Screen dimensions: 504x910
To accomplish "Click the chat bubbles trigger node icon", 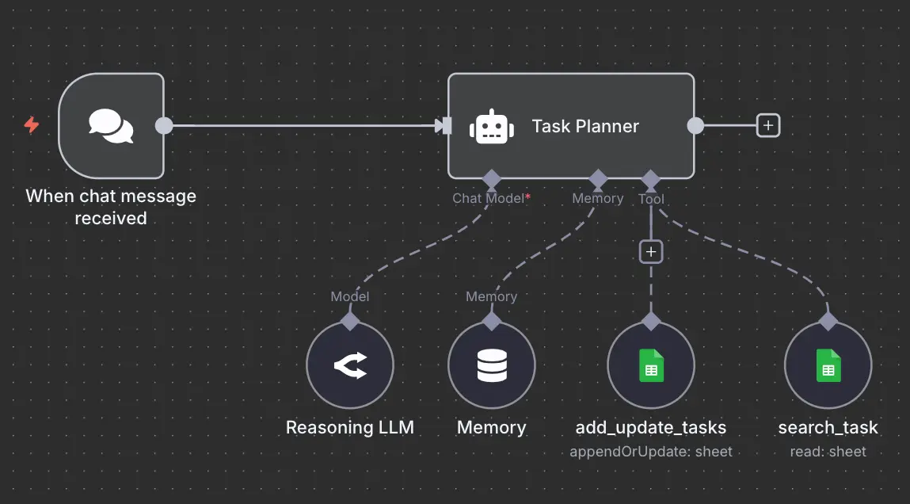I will [111, 126].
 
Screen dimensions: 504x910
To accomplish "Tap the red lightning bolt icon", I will [32, 125].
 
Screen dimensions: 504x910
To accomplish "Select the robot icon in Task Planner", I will [488, 127].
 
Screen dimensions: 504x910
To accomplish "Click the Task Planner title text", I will [585, 127].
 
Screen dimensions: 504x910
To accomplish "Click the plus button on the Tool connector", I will [650, 252].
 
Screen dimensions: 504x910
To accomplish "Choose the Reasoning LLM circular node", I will [349, 365].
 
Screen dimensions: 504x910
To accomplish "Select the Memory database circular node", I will [491, 365].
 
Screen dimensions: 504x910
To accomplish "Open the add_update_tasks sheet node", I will [650, 365].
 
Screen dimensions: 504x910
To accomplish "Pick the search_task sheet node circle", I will [828, 365].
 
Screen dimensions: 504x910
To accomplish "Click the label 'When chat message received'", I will [111, 207].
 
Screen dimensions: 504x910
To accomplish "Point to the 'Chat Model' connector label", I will [487, 198].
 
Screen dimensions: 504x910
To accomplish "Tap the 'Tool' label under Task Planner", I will [651, 200].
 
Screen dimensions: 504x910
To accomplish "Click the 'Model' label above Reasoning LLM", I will [349, 296].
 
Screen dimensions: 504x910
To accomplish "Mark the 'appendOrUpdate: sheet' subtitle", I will [650, 452].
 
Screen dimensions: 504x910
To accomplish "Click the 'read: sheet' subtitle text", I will [828, 452].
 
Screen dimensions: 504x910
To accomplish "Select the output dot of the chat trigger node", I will [164, 126].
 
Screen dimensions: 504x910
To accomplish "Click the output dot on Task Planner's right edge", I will [695, 126].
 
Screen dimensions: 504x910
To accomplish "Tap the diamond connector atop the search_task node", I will [828, 321].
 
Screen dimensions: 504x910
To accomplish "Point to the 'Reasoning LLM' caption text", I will [349, 428].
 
